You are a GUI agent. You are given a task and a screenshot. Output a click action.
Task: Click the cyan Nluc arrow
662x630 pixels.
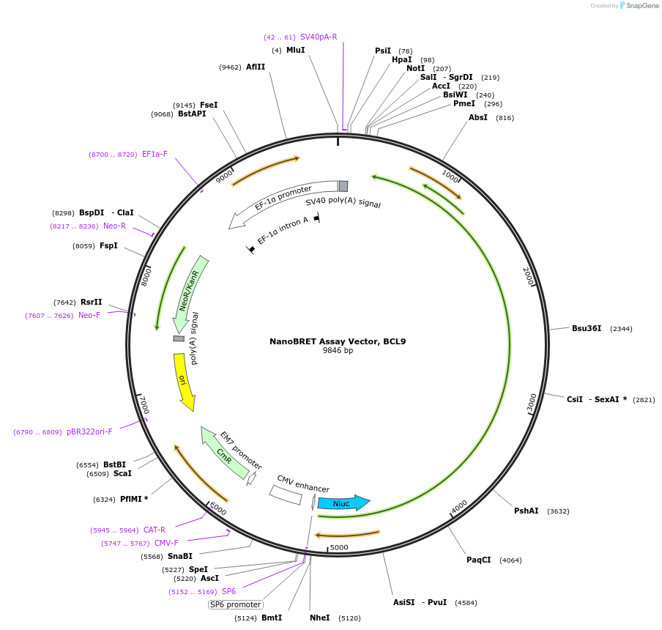(x=343, y=503)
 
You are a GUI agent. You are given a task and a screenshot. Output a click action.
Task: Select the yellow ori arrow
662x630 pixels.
(x=184, y=381)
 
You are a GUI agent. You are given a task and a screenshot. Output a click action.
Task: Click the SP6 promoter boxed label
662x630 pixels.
(x=236, y=604)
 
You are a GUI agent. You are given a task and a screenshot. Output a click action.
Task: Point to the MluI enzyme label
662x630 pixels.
(x=296, y=51)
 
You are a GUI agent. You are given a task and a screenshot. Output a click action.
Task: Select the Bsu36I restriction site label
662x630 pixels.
(x=587, y=328)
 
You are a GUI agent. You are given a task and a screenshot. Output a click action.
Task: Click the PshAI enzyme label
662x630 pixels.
(x=526, y=511)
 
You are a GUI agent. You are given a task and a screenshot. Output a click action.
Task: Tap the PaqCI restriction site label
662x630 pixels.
(x=478, y=560)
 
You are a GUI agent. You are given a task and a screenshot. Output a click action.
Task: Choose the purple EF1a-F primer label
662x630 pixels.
(x=155, y=154)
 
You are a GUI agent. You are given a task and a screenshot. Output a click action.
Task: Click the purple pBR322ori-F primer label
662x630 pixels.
(x=89, y=431)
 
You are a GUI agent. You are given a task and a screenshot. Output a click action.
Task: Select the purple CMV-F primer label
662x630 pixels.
(x=166, y=543)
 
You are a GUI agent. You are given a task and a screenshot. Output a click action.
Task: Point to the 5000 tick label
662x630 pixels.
(x=339, y=547)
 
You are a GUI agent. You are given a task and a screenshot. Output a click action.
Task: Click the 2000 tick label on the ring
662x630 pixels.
(x=528, y=276)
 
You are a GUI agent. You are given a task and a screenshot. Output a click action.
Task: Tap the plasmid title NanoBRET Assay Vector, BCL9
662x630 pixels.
(x=338, y=341)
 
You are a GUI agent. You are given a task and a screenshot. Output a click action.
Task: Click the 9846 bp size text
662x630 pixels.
(x=338, y=350)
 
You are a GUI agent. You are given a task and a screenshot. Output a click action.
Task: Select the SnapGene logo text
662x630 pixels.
(x=642, y=6)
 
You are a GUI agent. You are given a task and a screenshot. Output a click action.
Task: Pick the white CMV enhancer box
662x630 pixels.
(x=286, y=495)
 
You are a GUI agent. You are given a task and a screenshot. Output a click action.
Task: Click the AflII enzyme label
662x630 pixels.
(x=256, y=67)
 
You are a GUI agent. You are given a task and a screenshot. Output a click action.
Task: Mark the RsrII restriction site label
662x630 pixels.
(x=92, y=302)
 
